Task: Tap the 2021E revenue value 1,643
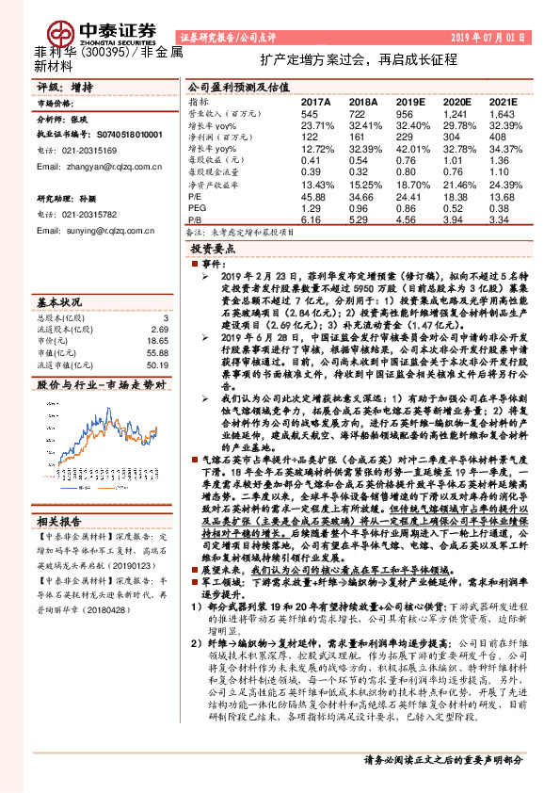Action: [x=503, y=112]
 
